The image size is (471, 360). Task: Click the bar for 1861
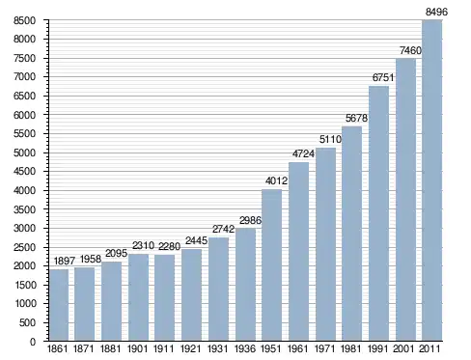click(59, 305)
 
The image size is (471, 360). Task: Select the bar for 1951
click(271, 265)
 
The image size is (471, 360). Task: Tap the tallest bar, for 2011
click(431, 180)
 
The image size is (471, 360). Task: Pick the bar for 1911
click(164, 298)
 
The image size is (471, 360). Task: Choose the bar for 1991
click(378, 213)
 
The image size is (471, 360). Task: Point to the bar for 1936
click(245, 285)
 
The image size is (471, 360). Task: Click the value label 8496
click(436, 12)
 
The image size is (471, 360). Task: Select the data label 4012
click(276, 180)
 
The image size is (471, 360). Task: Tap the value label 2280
click(169, 246)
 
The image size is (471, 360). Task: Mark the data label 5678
click(356, 118)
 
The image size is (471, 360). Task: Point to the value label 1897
click(65, 261)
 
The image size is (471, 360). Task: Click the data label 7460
click(410, 50)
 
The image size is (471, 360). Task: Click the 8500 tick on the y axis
click(24, 20)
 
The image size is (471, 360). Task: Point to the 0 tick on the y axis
click(33, 342)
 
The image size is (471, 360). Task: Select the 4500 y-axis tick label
click(24, 171)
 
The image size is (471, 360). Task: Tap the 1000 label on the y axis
click(25, 303)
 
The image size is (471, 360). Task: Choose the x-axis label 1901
click(137, 348)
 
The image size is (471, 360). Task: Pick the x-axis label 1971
click(324, 348)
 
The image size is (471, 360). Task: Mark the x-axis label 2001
click(403, 348)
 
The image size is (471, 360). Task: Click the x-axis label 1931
click(217, 348)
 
